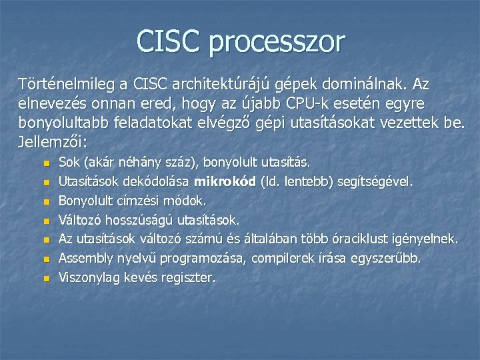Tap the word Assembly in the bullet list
click(85, 258)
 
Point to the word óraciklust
click(372, 239)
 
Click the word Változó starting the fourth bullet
click(79, 219)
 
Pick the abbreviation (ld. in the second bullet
click(276, 181)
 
